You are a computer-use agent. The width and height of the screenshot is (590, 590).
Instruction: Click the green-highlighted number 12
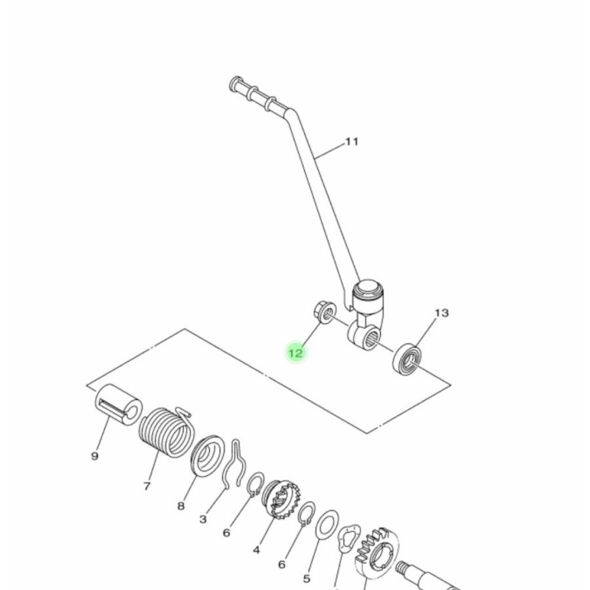coord(296,353)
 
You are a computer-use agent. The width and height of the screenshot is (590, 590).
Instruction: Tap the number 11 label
coord(351,141)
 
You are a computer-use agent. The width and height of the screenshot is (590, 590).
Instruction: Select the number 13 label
coord(441,313)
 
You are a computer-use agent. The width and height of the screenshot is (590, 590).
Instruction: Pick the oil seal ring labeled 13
coord(408,358)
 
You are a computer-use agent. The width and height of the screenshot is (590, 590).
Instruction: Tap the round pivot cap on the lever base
coord(369,288)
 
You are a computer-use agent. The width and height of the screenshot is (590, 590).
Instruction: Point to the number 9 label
coord(95,456)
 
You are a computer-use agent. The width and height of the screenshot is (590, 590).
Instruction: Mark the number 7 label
coord(146,486)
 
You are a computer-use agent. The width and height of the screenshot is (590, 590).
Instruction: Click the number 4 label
coord(256,550)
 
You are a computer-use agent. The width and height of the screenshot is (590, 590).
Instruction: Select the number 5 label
coord(307,578)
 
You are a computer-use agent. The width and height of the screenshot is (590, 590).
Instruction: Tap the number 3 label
coord(203,519)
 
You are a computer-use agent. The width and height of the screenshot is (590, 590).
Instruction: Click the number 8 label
coord(181,506)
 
